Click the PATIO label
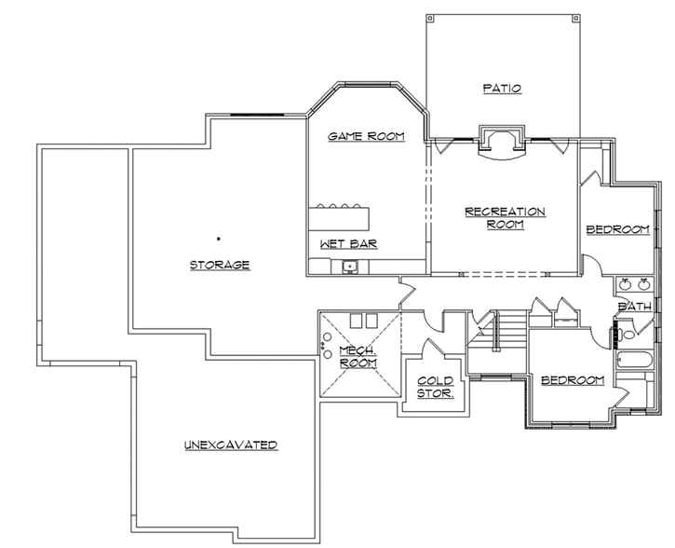[x=502, y=89]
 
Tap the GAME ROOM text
[x=366, y=136]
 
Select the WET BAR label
[x=348, y=244]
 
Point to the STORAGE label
[x=220, y=265]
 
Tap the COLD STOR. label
[x=435, y=386]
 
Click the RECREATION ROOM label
[x=505, y=218]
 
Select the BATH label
[x=634, y=306]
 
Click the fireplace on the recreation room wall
[x=501, y=142]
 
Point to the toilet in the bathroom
[x=627, y=331]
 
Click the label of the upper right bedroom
[x=616, y=230]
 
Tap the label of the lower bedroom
[x=573, y=380]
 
